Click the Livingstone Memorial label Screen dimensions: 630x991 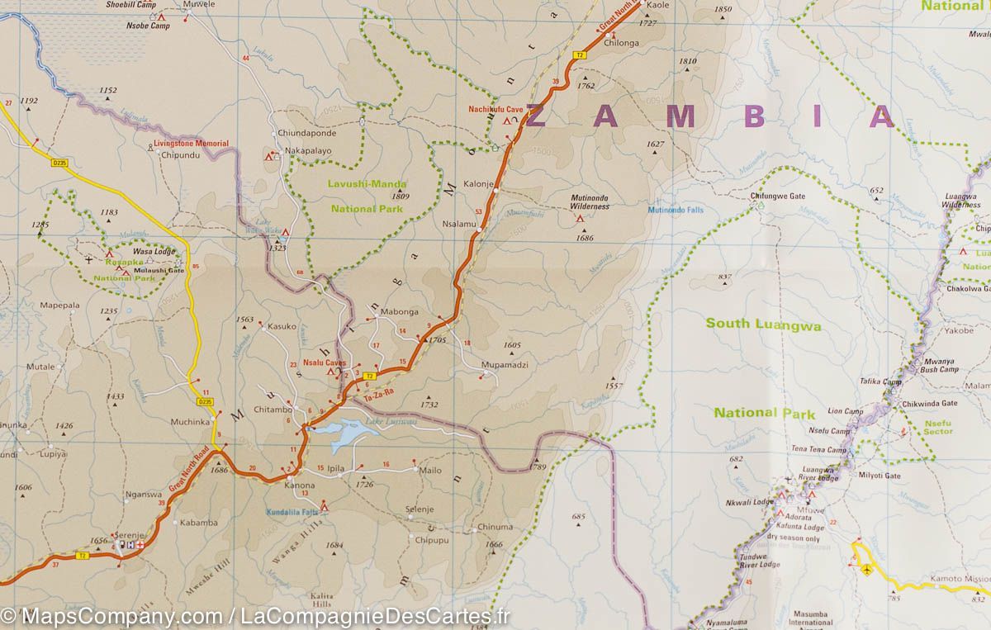[x=191, y=144]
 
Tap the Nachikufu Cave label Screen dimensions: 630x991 [x=496, y=109]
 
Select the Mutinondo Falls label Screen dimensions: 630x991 [x=676, y=211]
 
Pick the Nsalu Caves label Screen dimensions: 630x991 [x=324, y=362]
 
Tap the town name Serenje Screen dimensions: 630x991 [x=129, y=534]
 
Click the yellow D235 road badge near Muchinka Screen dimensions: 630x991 [x=205, y=402]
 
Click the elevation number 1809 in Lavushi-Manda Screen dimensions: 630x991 [x=401, y=197]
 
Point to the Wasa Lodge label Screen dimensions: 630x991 [x=153, y=251]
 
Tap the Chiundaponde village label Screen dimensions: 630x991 [x=307, y=133]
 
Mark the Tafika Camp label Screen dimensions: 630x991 [x=880, y=381]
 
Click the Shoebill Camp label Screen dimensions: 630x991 [x=130, y=5]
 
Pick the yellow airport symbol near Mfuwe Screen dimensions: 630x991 [x=865, y=570]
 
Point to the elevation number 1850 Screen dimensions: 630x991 [x=723, y=10]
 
